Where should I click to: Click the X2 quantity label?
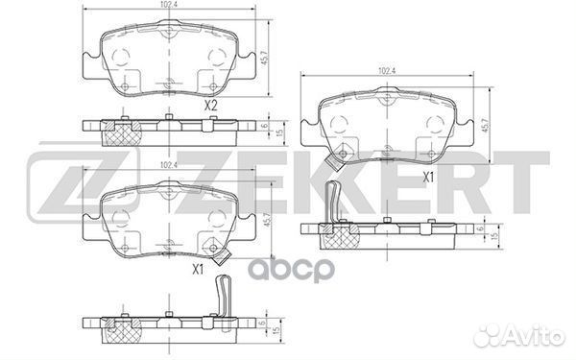point(211,107)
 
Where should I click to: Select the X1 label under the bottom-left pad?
point(199,270)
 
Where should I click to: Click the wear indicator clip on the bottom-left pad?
point(223,254)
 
